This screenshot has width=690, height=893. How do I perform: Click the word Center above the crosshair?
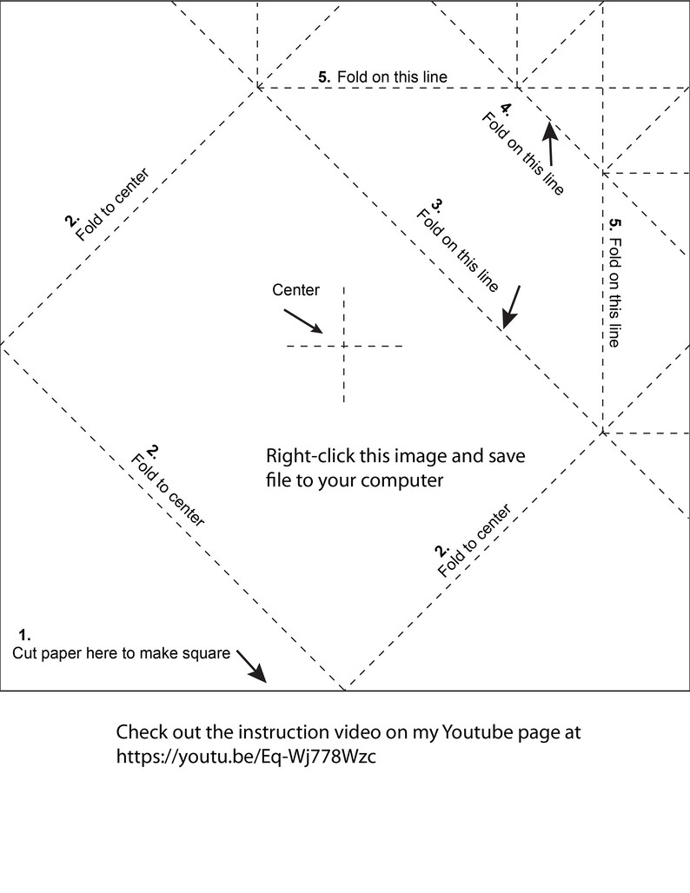(x=295, y=290)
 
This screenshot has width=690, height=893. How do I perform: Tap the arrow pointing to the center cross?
(x=303, y=321)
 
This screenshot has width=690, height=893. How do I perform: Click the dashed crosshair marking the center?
(x=344, y=345)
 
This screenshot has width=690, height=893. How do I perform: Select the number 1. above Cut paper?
(x=24, y=635)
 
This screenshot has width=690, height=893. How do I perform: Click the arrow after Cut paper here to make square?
(x=251, y=666)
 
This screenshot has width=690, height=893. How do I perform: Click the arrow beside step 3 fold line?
(x=511, y=308)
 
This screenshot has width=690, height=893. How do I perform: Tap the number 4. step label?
(x=506, y=109)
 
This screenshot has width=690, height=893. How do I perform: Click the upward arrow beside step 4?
(x=550, y=142)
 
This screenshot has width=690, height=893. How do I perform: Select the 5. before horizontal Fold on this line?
(x=324, y=77)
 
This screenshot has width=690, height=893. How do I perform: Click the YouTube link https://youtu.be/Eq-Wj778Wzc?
(x=246, y=757)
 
